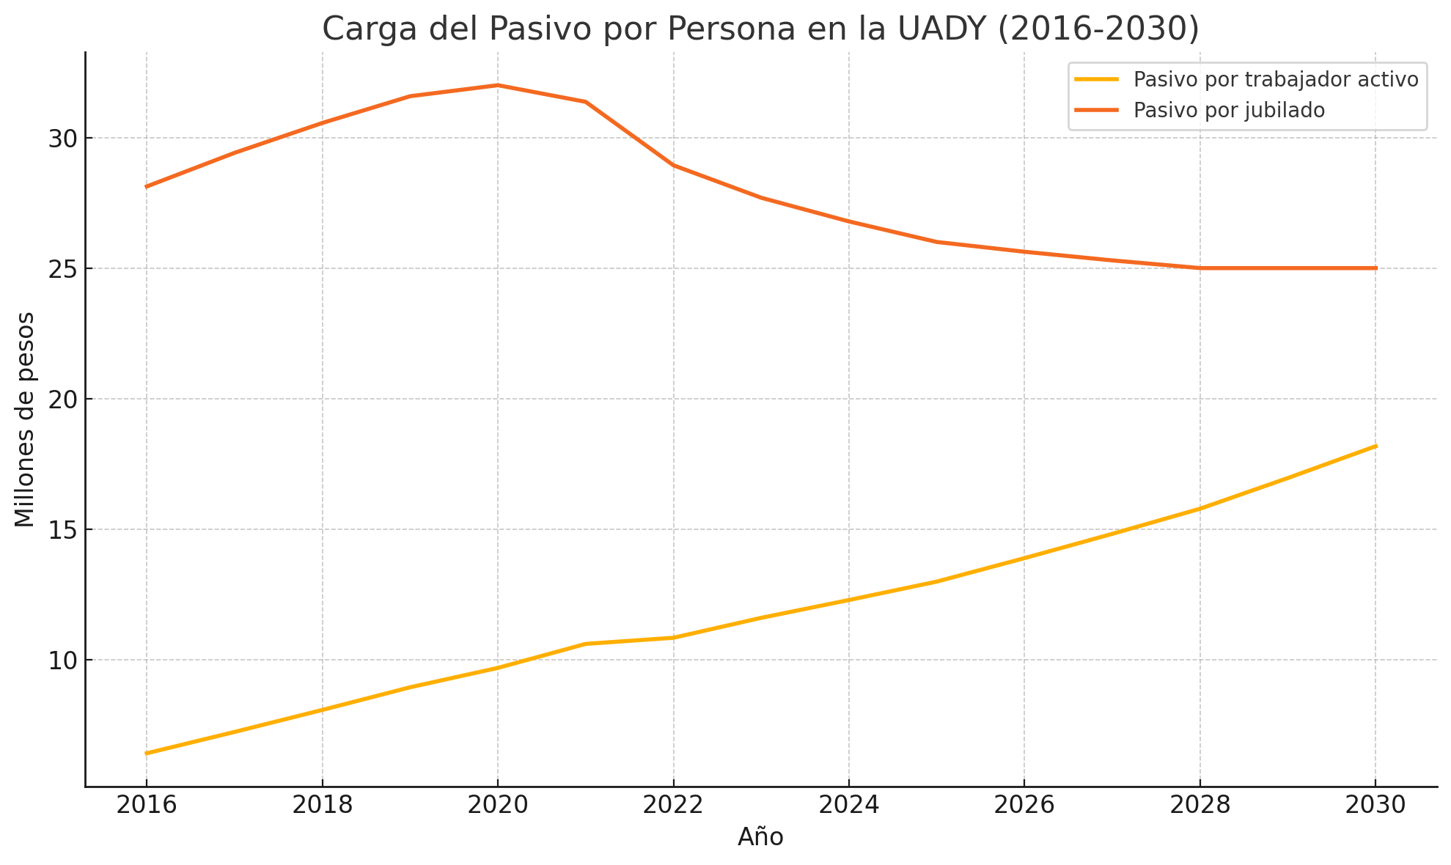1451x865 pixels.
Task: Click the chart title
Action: pyautogui.click(x=760, y=29)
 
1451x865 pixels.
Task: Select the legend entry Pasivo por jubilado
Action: pyautogui.click(x=1229, y=110)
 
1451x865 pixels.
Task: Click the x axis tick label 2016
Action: pyautogui.click(x=147, y=806)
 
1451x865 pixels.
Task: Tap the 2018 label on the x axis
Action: pyautogui.click(x=322, y=806)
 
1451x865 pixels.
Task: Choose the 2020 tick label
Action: pyautogui.click(x=498, y=806)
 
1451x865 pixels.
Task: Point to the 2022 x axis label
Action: pyautogui.click(x=673, y=806)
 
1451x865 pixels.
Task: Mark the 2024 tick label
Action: pyautogui.click(x=848, y=806)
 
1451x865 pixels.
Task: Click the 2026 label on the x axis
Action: pyautogui.click(x=1024, y=806)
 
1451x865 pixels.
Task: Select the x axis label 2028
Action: pyautogui.click(x=1200, y=806)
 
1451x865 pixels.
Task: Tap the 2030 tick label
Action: pyautogui.click(x=1375, y=806)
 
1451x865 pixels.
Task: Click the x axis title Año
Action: pyautogui.click(x=760, y=837)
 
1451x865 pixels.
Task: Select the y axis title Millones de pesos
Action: pyautogui.click(x=25, y=419)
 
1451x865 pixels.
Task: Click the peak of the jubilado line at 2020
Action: pyautogui.click(x=498, y=85)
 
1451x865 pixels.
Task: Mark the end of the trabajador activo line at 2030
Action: pyautogui.click(x=1375, y=446)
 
